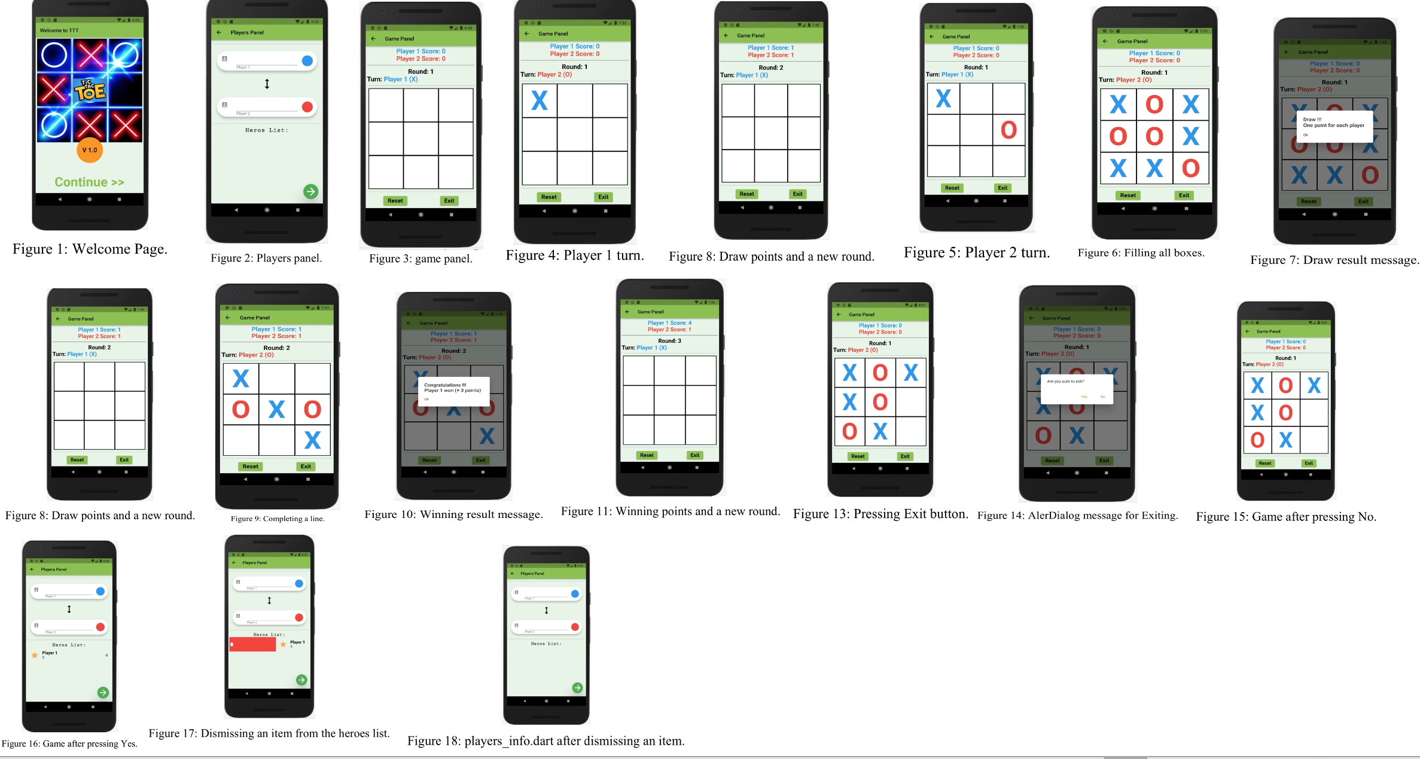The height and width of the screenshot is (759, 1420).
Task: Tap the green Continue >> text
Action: coord(90,182)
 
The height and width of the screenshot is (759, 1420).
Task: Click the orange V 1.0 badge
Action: coord(90,150)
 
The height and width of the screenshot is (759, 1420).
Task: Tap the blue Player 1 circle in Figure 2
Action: coord(307,60)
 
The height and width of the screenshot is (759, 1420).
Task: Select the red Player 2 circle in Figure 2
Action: coord(307,107)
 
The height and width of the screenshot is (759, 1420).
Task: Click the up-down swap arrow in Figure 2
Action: coord(267,84)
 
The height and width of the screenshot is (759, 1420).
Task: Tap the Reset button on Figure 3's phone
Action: coord(395,201)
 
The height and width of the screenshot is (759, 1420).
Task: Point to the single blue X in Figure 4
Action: coord(540,100)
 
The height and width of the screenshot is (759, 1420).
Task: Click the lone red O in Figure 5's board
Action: coord(1008,130)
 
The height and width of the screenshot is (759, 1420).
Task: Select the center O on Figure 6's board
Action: coord(1154,136)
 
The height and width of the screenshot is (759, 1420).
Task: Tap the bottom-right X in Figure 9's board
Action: coord(312,440)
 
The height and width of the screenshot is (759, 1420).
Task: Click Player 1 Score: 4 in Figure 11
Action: coord(669,323)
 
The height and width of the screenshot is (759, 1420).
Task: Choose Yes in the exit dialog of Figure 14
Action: coord(1084,397)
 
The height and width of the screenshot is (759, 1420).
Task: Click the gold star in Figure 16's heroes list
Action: coord(35,656)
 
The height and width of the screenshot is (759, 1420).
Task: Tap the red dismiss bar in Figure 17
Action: coord(252,644)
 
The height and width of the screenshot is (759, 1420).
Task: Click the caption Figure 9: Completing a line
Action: coord(278,519)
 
